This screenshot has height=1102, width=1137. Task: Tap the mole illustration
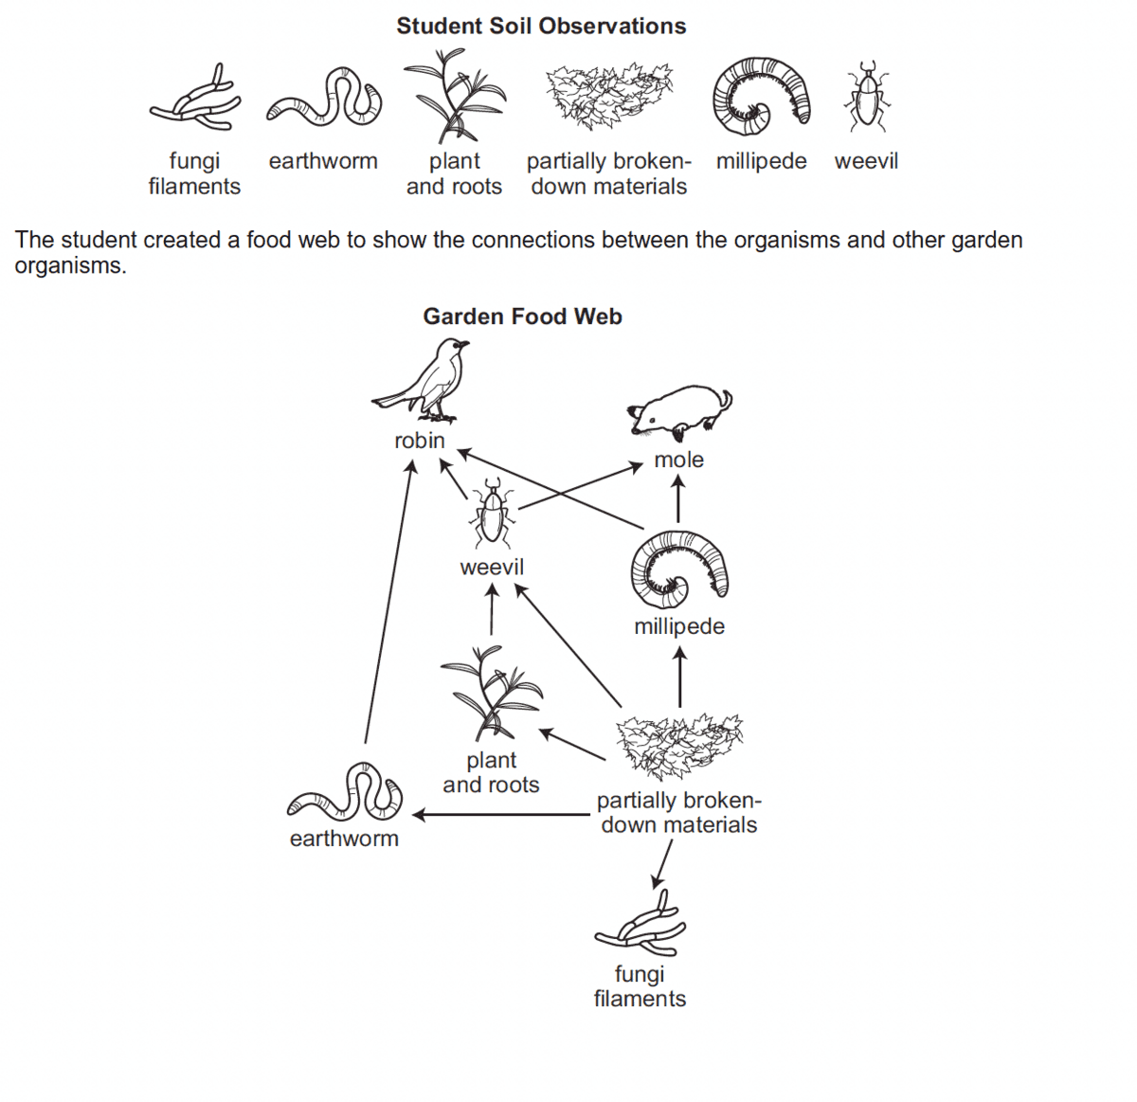click(x=679, y=412)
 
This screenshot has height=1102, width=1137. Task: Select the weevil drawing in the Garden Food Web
click(x=493, y=513)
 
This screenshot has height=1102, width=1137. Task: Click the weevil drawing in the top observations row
click(x=867, y=96)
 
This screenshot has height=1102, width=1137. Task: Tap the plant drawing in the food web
click(x=491, y=693)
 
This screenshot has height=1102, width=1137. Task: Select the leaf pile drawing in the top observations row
click(x=609, y=96)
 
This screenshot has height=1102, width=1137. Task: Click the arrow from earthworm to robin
click(x=389, y=601)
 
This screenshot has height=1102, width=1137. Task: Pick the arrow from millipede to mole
click(x=677, y=498)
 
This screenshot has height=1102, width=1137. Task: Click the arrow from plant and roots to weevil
click(x=492, y=609)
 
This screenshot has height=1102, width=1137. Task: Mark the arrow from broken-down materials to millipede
click(x=679, y=677)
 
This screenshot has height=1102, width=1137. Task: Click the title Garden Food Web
click(x=522, y=316)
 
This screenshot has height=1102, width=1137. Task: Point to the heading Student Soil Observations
click(x=541, y=27)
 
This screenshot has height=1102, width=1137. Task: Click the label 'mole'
click(x=679, y=460)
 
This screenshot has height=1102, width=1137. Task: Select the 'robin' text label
click(x=420, y=441)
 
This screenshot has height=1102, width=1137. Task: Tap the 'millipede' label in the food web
click(x=679, y=626)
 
